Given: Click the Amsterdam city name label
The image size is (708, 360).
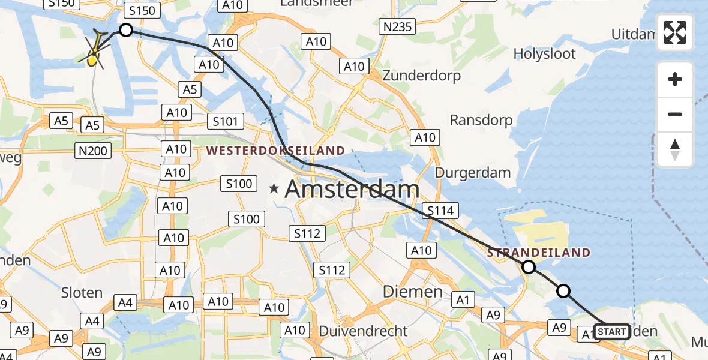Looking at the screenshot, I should click(x=352, y=190).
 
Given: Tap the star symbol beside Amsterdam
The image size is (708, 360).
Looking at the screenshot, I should click(x=274, y=189).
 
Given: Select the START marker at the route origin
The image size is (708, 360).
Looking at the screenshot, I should click(x=611, y=332).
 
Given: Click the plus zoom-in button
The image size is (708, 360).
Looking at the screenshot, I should click(x=675, y=80).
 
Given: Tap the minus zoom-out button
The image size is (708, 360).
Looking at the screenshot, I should click(x=675, y=114).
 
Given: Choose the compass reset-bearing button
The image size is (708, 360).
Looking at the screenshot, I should click(x=675, y=149).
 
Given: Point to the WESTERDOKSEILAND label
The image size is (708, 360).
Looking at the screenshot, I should click(x=276, y=151).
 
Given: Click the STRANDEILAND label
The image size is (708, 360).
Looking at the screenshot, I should click(x=539, y=253).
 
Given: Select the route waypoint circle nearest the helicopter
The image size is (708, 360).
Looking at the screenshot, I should click(x=125, y=30).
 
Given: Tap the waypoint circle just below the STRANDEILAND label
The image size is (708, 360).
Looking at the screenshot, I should click(x=529, y=267).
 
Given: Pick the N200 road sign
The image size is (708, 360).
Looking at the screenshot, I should click(x=92, y=151).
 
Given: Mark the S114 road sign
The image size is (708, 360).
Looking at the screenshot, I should click(x=440, y=211).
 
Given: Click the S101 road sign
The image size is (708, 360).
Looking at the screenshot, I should click(x=226, y=122).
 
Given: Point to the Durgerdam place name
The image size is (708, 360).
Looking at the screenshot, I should click(x=473, y=173).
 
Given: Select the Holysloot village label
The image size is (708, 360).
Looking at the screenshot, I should click(x=544, y=54).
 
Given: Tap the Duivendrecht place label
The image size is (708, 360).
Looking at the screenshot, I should click(x=363, y=331).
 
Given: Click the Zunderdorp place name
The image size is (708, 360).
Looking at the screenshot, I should click(x=421, y=76).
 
